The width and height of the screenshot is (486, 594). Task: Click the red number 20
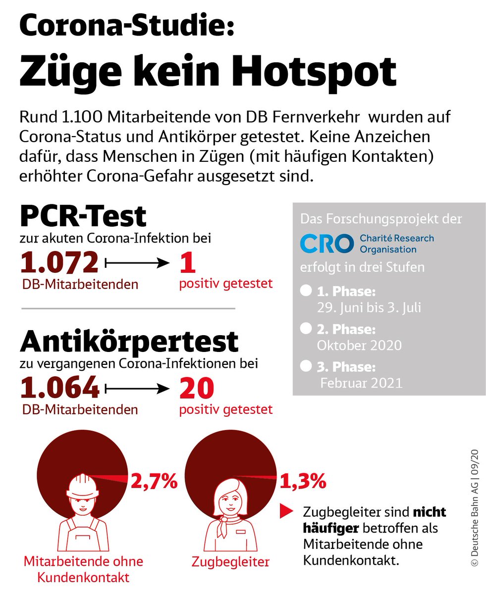coord(197,389)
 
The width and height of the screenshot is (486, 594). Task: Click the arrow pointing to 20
coord(138,389)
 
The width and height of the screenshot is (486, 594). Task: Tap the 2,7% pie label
coord(154,481)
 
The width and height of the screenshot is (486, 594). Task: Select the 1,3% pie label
coord(303,480)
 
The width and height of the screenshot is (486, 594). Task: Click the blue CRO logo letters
coord(327,244)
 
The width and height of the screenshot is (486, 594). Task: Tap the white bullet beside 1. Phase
coord(306,290)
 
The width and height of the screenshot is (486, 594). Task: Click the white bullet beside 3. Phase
coord(306,366)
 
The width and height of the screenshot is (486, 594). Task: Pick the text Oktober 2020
coord(359,345)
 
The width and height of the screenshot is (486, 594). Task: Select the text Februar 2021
coord(361,383)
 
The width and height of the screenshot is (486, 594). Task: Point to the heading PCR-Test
coord(83,216)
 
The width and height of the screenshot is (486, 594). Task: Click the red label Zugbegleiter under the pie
coord(230,562)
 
